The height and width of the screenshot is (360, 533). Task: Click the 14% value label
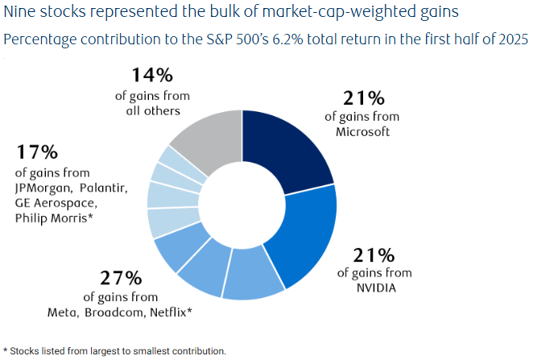click(x=151, y=77)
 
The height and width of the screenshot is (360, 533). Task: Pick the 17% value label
click(x=36, y=151)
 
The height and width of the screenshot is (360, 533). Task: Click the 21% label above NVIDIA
click(x=374, y=256)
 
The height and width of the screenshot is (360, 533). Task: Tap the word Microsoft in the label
click(x=362, y=131)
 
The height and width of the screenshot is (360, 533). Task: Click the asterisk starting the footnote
click(x=6, y=350)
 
